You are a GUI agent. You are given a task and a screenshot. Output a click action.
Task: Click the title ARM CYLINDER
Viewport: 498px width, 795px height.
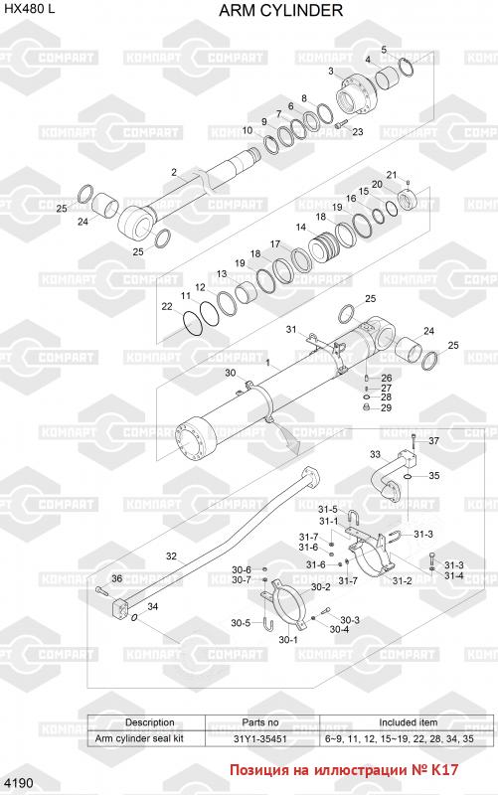point(280,10)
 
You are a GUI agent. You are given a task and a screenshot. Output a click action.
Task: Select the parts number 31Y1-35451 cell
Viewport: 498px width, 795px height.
point(260,738)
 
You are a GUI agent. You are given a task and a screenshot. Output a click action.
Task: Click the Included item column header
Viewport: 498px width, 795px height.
point(408,722)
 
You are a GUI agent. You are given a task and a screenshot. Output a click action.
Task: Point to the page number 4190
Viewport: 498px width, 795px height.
point(19,782)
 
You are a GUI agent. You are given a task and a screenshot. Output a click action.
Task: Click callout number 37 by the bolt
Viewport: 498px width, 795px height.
point(433,440)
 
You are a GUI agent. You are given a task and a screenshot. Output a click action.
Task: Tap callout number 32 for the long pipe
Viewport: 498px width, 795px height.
point(171,556)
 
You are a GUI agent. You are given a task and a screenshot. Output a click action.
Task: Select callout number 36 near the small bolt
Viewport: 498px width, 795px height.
point(116,578)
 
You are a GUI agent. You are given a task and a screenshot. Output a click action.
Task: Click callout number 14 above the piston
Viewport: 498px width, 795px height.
point(301,228)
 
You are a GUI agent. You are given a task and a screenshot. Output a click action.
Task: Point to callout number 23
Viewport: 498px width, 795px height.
point(358,132)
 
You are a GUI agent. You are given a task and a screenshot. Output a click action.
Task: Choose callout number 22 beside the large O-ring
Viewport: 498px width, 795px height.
point(167,306)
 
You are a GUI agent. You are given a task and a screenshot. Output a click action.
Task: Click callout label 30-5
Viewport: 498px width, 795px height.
point(241,623)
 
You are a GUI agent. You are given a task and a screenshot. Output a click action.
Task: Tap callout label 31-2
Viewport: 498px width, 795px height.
point(402,580)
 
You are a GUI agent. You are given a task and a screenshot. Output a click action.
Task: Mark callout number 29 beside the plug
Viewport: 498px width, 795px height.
point(386,407)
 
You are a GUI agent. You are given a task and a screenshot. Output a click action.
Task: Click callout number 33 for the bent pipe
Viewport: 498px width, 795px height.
point(375,454)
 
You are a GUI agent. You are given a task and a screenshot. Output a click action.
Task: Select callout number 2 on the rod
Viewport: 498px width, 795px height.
point(174,172)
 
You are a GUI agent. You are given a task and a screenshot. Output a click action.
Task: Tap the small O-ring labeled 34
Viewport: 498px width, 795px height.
point(134,617)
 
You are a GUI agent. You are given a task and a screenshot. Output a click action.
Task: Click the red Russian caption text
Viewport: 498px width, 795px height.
point(344,770)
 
